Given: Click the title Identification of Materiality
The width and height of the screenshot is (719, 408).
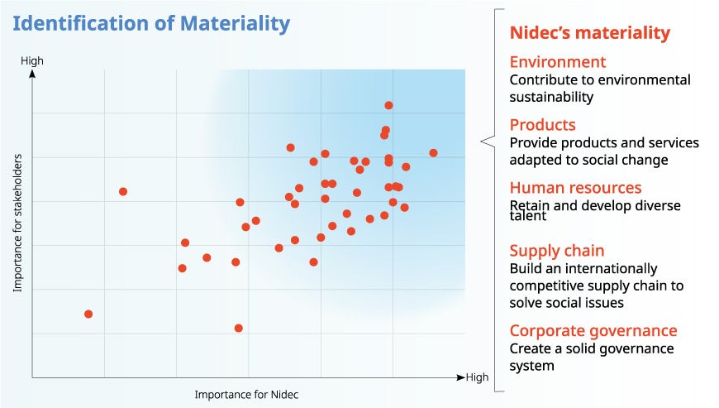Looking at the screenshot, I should (x=151, y=24).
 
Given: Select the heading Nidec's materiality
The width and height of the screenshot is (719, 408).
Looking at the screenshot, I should (x=589, y=33).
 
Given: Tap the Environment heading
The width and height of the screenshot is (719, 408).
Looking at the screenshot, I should (x=557, y=62).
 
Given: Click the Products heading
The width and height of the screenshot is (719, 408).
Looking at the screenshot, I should (x=542, y=125).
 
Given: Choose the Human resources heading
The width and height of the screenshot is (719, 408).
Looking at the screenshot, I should (x=575, y=188).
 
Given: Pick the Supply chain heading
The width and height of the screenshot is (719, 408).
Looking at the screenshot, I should (x=556, y=251).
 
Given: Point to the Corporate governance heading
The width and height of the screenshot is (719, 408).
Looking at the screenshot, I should (x=593, y=330).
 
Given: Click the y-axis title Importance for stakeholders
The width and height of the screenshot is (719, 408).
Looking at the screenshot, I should (x=17, y=222).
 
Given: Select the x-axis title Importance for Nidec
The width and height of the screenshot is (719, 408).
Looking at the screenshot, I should (x=246, y=395).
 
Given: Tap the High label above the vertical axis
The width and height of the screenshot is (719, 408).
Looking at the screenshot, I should (x=32, y=60).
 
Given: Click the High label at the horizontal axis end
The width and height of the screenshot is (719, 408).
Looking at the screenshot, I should (x=478, y=377).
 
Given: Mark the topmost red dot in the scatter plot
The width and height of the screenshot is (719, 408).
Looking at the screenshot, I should (x=388, y=105).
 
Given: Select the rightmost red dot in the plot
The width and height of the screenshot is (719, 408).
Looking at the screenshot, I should (x=433, y=153).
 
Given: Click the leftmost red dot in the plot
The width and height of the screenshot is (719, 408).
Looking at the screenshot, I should (x=88, y=314).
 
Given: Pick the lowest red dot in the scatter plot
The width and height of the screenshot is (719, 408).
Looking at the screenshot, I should (x=239, y=329).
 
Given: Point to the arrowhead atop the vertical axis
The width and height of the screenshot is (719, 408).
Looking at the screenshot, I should (x=32, y=73).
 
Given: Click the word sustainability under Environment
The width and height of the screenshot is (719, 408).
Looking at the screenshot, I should (x=551, y=97).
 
